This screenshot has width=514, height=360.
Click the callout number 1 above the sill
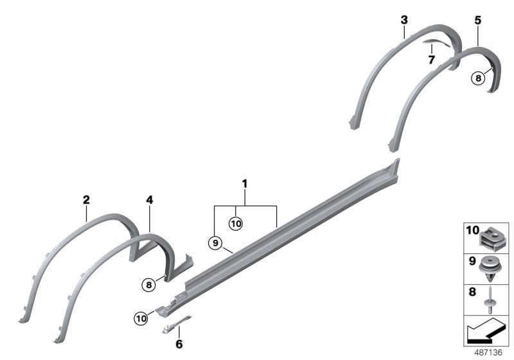coord(245,184)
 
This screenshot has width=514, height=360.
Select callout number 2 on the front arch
coord(86,200)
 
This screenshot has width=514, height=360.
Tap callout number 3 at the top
coord(404,20)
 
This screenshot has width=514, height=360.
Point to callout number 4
coord(149,200)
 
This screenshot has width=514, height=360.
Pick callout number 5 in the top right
coord(477,20)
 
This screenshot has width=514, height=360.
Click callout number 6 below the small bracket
coord(179,343)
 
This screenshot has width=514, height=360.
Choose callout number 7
coord(432,60)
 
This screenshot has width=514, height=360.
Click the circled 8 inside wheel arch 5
coord(477,78)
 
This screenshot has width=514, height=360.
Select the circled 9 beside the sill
coord(215,242)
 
